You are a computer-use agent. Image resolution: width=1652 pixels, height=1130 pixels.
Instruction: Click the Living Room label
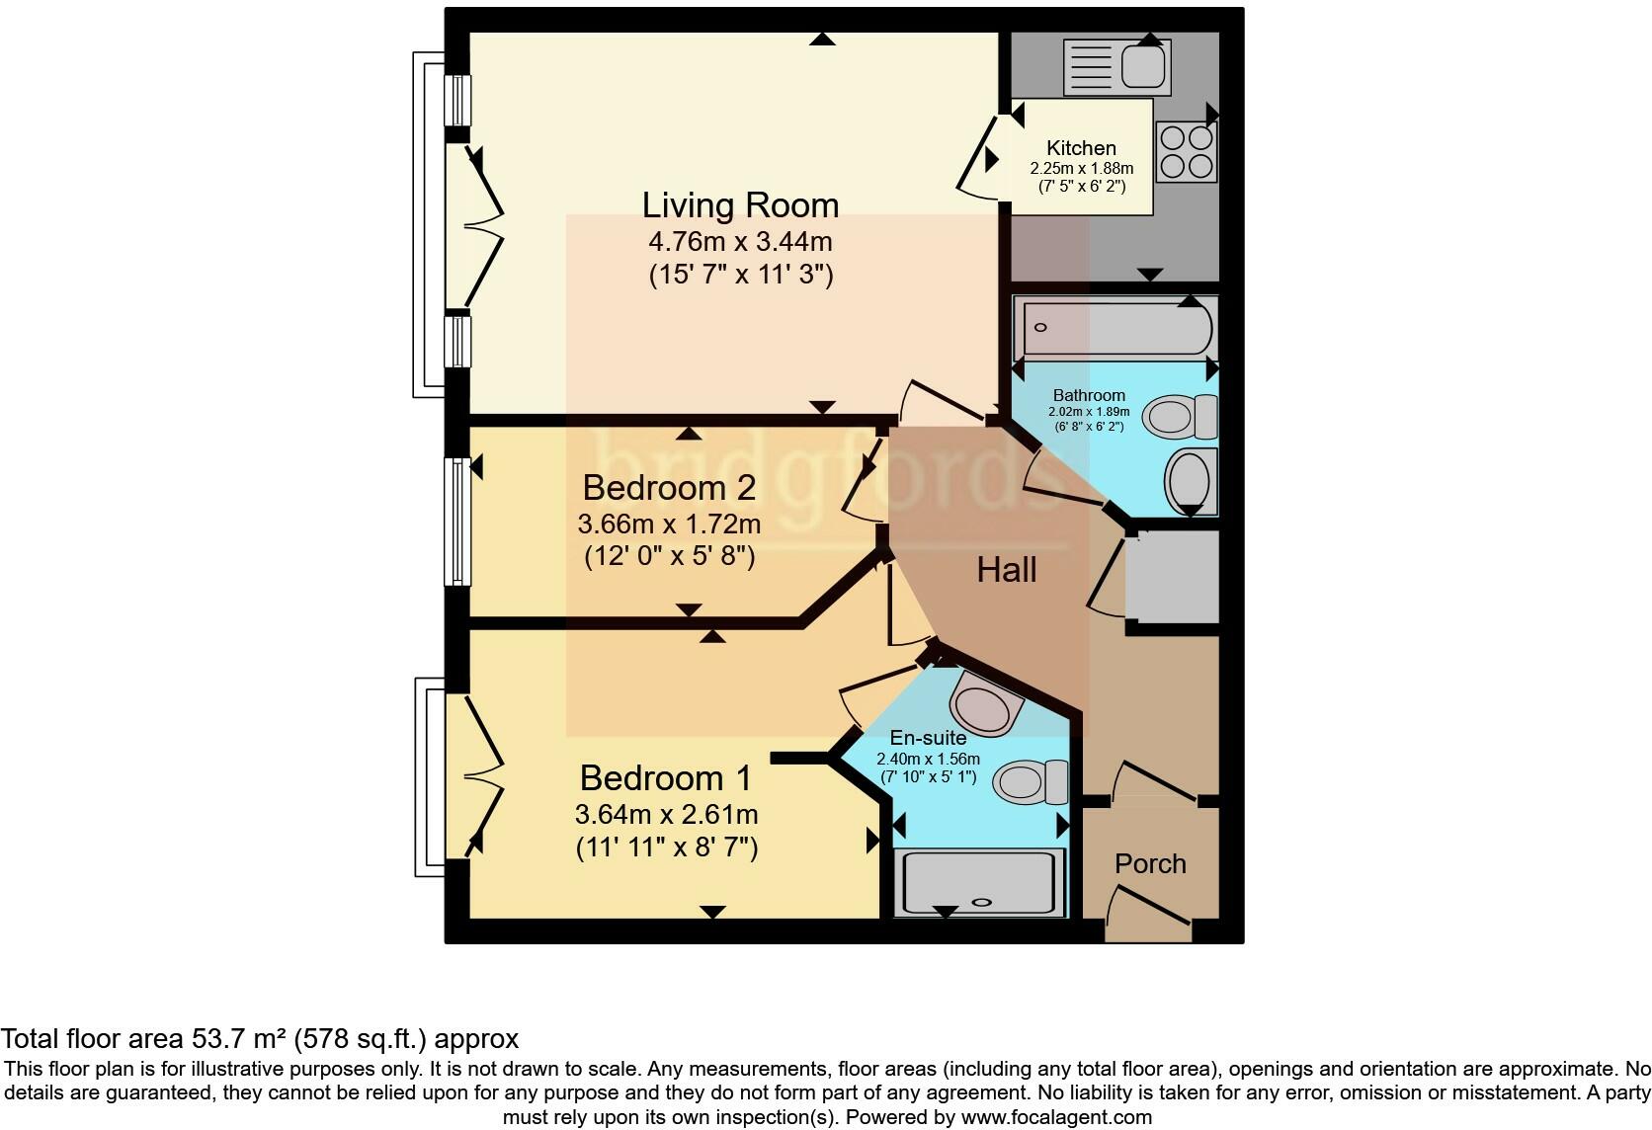tap(740, 204)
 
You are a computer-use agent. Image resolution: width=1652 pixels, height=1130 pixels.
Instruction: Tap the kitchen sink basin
tap(1143, 68)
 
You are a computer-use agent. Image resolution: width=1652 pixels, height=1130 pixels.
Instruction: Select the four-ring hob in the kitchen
tap(1186, 152)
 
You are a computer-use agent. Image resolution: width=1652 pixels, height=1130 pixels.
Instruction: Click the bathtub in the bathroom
tap(1115, 327)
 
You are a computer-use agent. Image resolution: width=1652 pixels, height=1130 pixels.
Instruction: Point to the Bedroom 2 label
tap(669, 487)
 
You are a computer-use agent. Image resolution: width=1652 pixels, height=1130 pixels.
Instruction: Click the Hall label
tap(1007, 570)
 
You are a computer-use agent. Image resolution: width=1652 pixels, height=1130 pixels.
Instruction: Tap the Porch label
tap(1150, 863)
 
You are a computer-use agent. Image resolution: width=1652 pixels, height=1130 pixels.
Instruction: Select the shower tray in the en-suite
tap(979, 883)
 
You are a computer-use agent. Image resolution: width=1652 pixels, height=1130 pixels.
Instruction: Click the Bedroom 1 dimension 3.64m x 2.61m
tap(667, 814)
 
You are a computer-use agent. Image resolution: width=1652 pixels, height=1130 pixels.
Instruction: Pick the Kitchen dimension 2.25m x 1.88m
tap(1081, 168)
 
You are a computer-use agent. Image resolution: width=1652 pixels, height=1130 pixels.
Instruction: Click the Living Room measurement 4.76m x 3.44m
tap(740, 241)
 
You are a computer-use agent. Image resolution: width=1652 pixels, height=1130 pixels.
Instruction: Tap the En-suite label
tap(928, 737)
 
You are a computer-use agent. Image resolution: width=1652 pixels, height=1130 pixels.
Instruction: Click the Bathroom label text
tap(1089, 396)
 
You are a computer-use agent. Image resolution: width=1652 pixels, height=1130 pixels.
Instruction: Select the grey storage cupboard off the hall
tap(1172, 577)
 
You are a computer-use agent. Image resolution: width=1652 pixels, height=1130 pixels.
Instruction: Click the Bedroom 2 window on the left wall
tap(457, 522)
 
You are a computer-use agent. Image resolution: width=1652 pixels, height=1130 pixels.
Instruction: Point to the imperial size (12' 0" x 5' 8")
tap(669, 556)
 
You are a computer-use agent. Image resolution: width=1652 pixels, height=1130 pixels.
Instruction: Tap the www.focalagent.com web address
tap(1057, 1117)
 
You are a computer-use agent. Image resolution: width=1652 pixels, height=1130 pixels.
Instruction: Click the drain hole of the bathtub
tap(1040, 327)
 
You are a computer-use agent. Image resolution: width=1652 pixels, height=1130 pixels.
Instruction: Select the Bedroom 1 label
tap(665, 777)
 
